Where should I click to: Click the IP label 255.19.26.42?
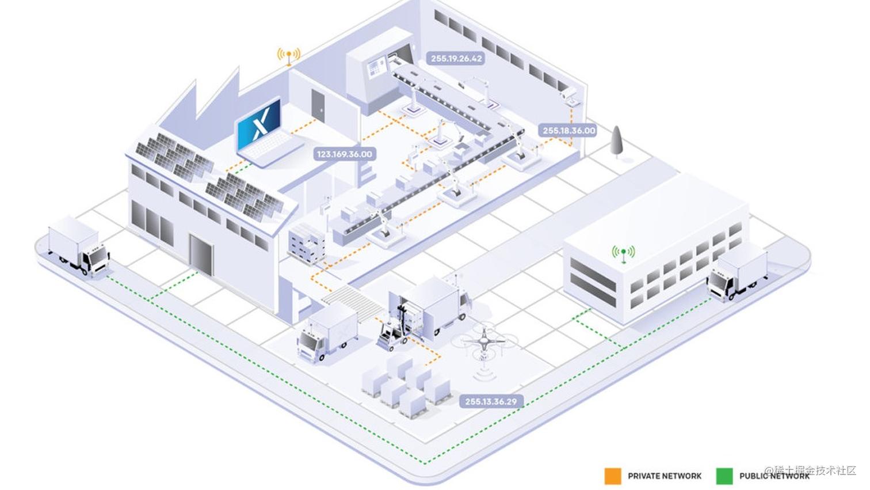[x=456, y=58]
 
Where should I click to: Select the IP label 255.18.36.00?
[x=568, y=131]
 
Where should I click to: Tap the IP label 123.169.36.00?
[x=345, y=154]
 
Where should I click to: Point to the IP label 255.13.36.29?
[x=491, y=401]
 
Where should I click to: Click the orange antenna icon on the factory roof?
[x=288, y=56]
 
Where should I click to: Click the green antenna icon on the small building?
[x=623, y=253]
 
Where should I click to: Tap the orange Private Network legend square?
[x=613, y=476]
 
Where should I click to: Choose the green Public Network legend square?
[x=724, y=476]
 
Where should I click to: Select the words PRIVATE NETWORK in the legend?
[x=665, y=476]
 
